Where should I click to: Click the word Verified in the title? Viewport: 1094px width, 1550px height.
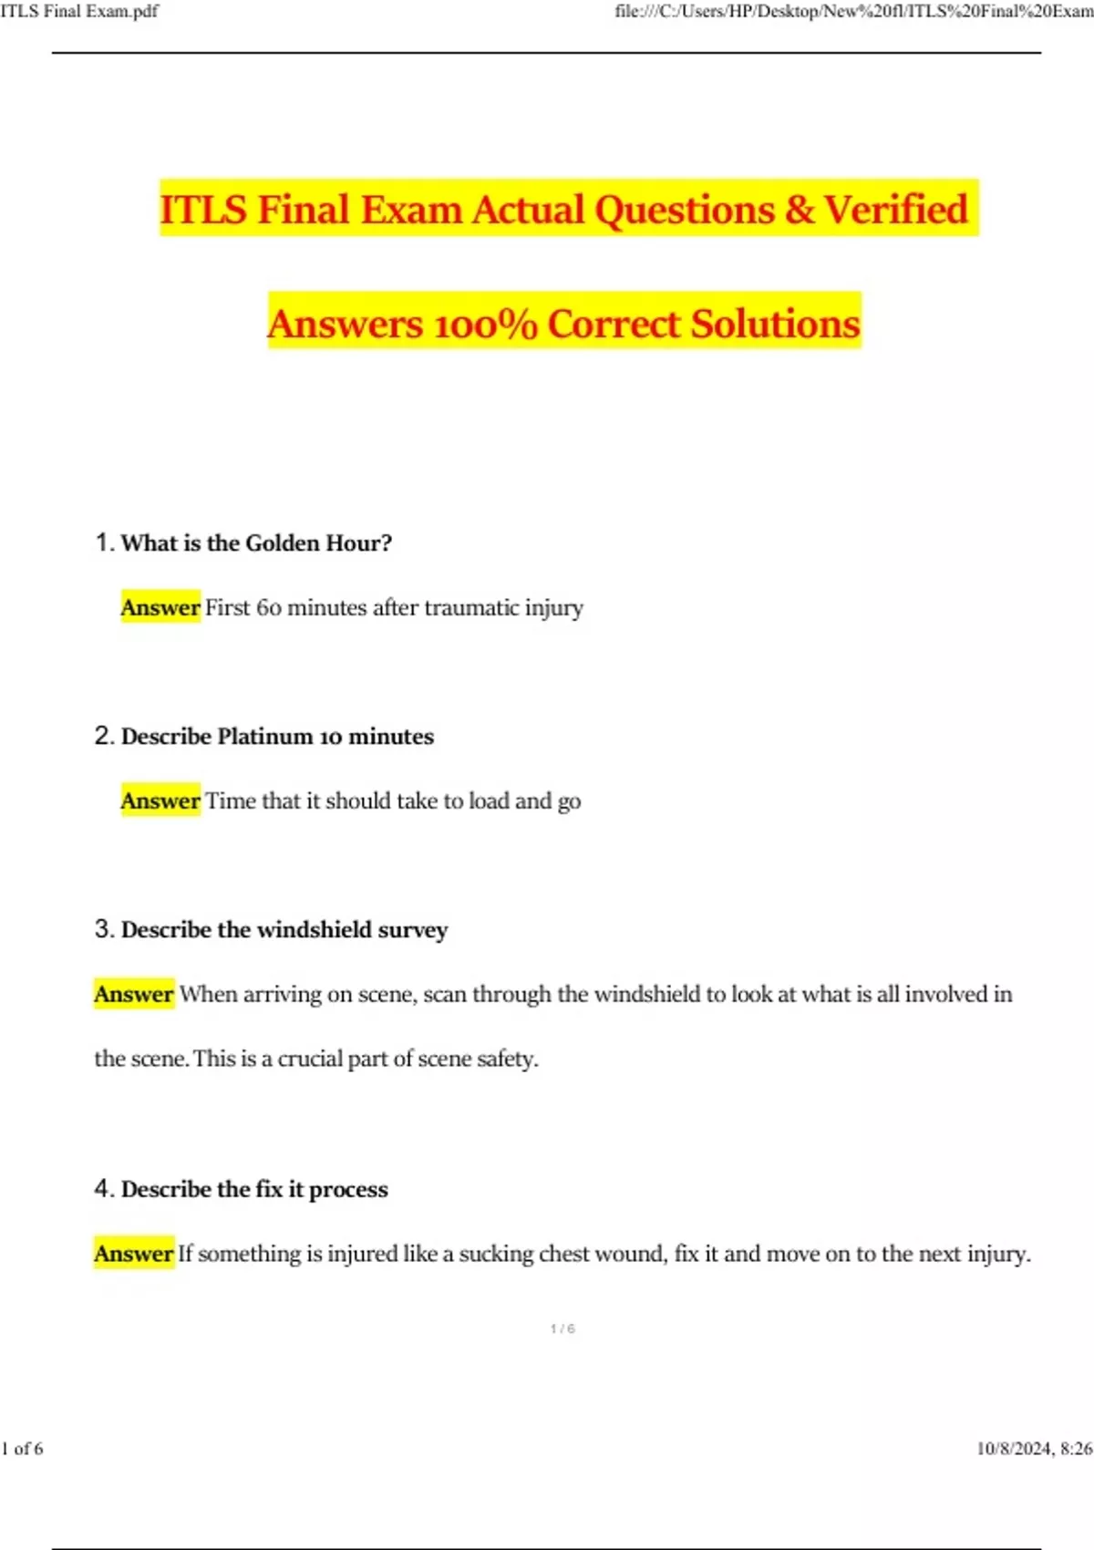coord(895,210)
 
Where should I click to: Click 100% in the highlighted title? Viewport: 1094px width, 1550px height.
coord(486,325)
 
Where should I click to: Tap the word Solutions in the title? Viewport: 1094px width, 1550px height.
coord(775,325)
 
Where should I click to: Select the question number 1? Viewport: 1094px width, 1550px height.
coord(103,542)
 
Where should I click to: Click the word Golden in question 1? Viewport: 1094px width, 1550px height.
coord(283,543)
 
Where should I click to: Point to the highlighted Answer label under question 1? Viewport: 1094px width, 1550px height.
coord(160,607)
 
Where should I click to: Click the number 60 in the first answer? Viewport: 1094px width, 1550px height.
coord(269,608)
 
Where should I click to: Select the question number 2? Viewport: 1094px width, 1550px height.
coord(103,736)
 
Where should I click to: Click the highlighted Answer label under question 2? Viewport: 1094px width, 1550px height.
coord(160,801)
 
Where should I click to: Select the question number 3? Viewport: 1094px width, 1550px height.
coord(103,929)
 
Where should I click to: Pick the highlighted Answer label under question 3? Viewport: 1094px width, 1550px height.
coord(134,994)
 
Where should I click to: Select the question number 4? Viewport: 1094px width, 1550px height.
coord(103,1188)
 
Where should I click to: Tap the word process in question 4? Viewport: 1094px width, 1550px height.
coord(348,1190)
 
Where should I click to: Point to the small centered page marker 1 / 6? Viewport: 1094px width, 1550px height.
coord(562,1328)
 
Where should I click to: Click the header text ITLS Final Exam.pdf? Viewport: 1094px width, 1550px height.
coord(79,11)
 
